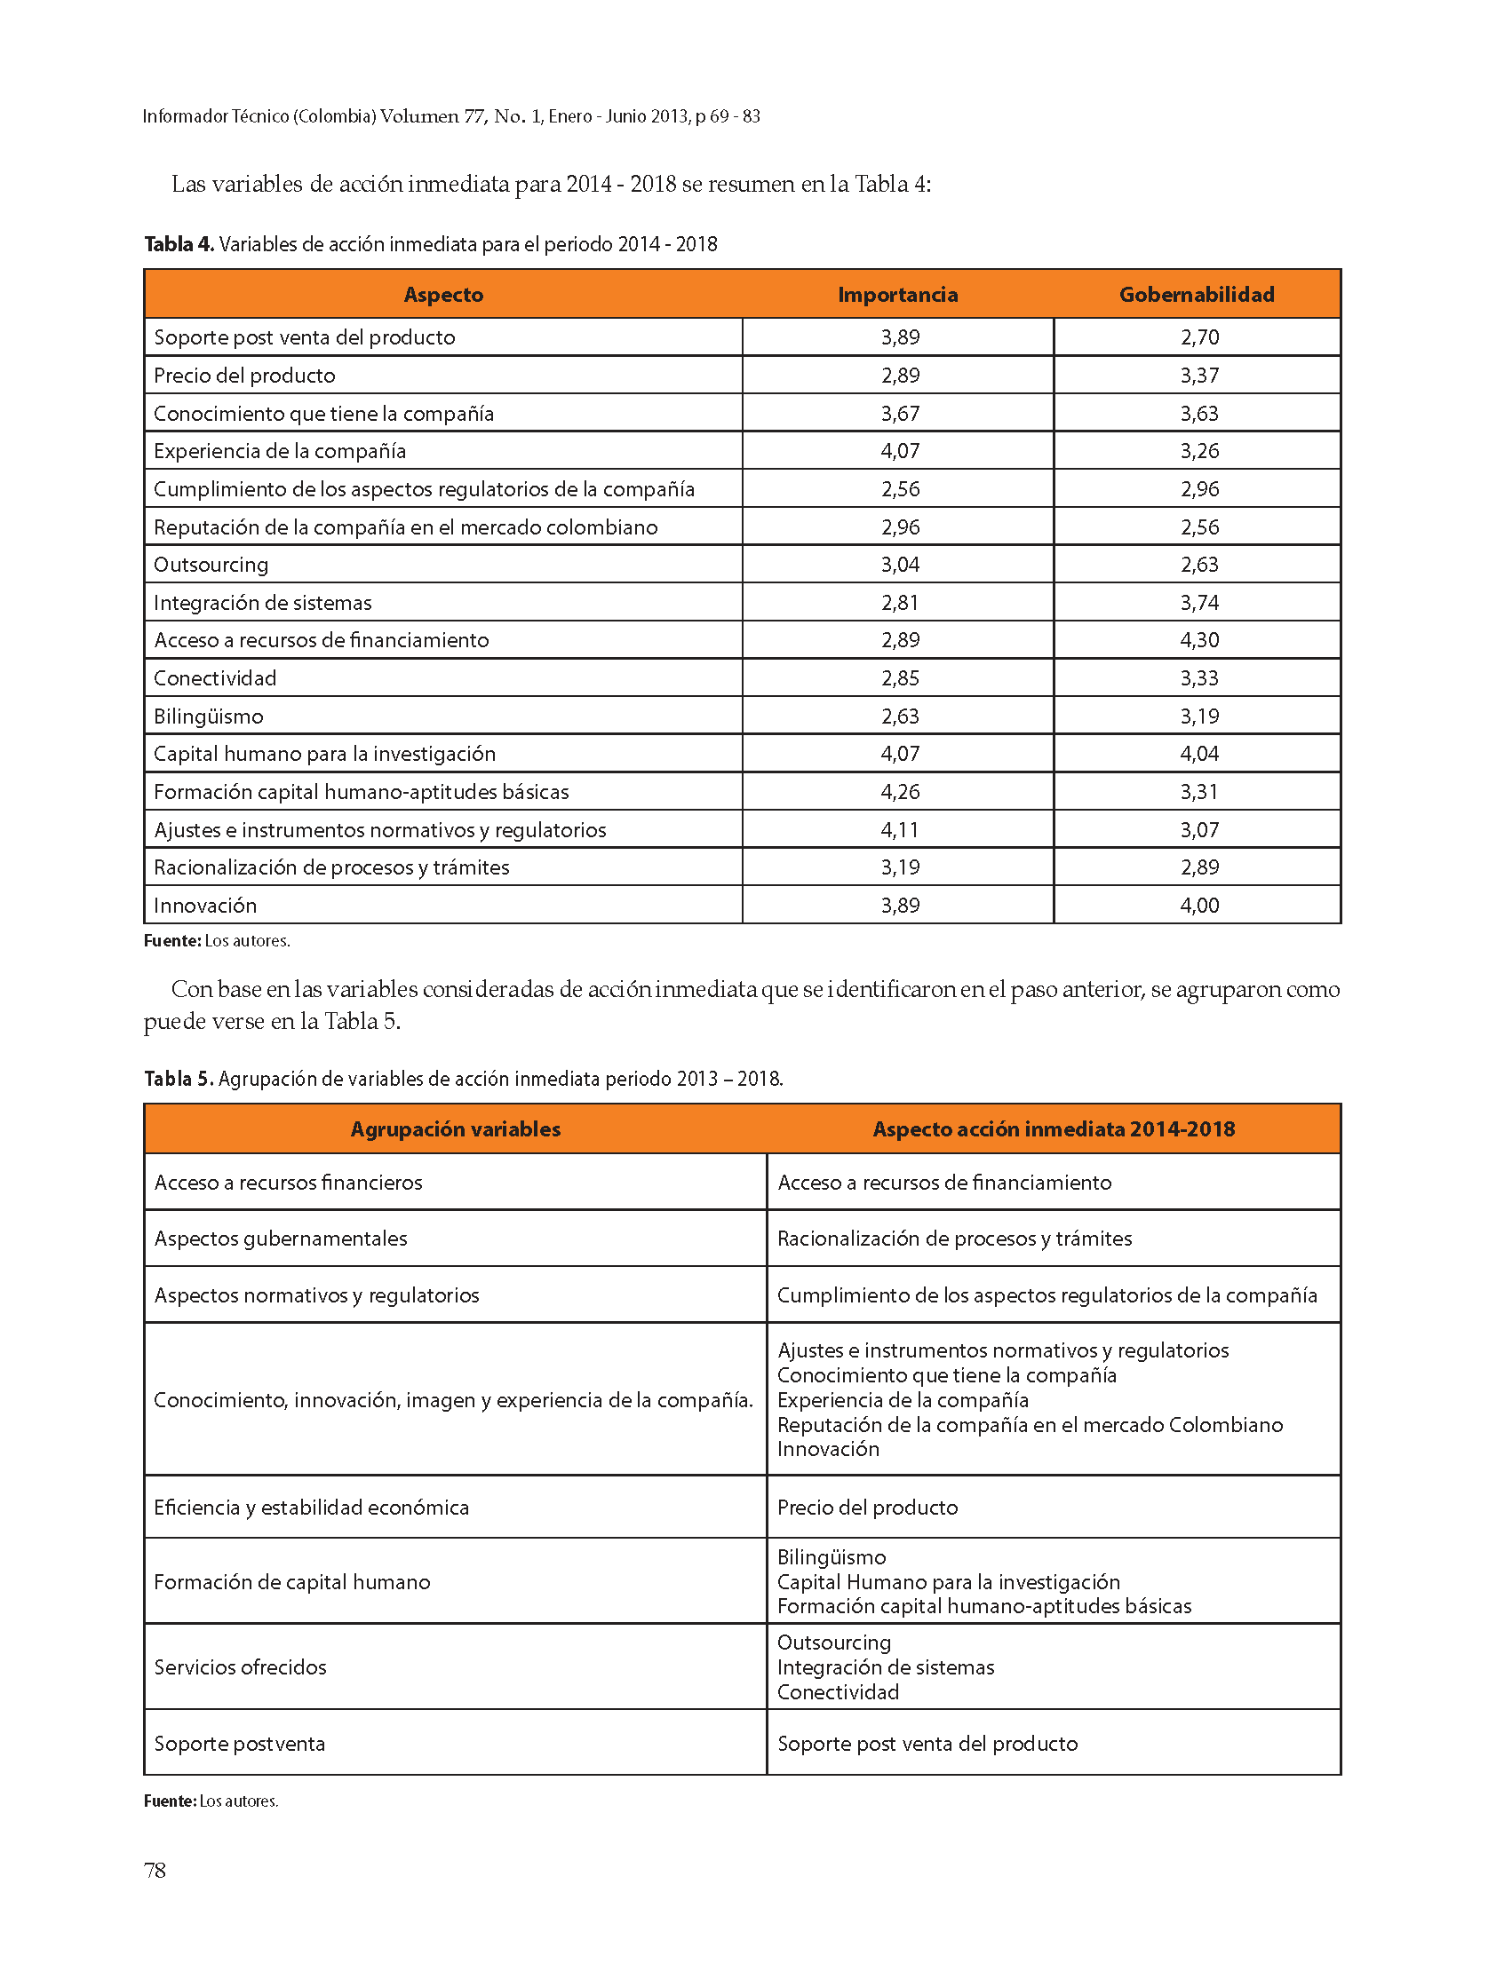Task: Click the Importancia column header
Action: [x=897, y=294]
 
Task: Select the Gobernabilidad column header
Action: [x=1196, y=294]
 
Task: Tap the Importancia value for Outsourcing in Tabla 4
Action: [x=900, y=565]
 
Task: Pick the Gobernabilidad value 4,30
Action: [x=1199, y=640]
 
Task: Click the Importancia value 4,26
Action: [x=900, y=792]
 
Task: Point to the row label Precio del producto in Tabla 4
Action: [x=244, y=376]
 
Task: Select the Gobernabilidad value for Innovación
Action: [x=1199, y=905]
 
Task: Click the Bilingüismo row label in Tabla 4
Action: [x=208, y=716]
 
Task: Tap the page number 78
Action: [x=155, y=1871]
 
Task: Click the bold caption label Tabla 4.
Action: [x=179, y=245]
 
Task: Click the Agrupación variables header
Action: [x=456, y=1129]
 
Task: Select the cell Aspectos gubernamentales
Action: [x=280, y=1239]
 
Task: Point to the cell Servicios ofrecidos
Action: [x=240, y=1667]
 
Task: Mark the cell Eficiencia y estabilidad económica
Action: [x=312, y=1507]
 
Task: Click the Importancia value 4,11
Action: [x=900, y=829]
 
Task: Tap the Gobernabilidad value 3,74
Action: [x=1199, y=603]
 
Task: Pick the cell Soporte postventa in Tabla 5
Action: [x=239, y=1744]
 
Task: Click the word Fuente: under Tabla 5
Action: [x=169, y=1801]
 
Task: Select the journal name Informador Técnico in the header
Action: [x=215, y=116]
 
